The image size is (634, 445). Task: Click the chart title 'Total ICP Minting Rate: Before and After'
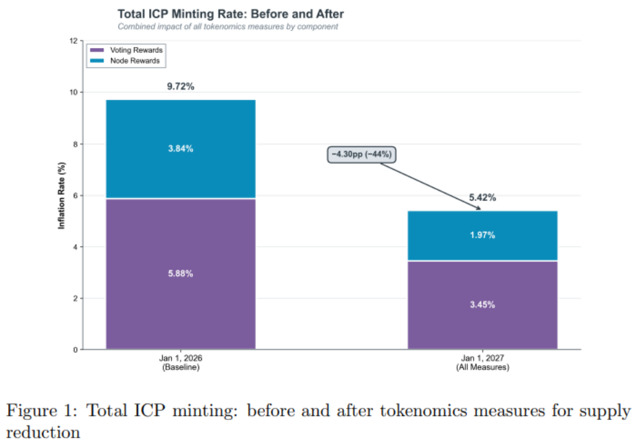point(230,14)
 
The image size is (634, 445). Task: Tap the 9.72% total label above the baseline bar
point(181,87)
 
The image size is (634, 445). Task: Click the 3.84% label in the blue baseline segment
point(181,149)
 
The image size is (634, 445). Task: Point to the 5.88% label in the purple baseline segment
point(181,274)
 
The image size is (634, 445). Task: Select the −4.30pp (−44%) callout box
point(362,154)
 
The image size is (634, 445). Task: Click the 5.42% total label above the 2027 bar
point(482,198)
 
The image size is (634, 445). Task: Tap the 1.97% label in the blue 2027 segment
point(482,235)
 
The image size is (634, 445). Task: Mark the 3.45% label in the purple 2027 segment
point(482,305)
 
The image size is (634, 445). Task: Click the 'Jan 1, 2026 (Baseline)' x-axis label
point(181,363)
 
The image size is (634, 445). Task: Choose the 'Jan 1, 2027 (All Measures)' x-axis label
point(482,363)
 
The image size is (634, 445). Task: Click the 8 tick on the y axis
point(74,144)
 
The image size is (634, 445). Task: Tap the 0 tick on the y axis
point(74,350)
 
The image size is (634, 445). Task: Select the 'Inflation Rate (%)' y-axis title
point(62,195)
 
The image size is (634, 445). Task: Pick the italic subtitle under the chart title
point(228,27)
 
